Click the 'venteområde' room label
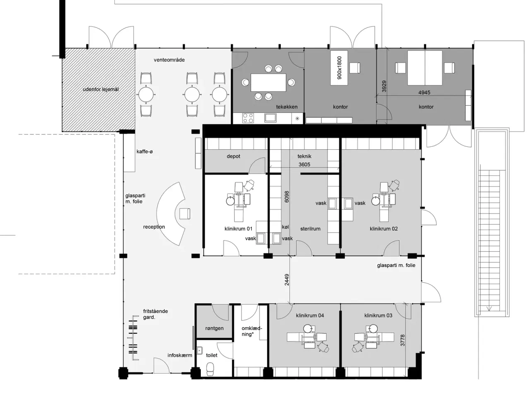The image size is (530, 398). click(x=169, y=60)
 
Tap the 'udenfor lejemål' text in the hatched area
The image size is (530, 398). click(x=101, y=89)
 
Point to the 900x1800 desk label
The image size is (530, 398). click(x=340, y=68)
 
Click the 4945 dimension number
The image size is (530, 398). click(x=424, y=92)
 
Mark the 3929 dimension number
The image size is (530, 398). click(x=384, y=86)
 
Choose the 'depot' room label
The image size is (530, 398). click(x=233, y=156)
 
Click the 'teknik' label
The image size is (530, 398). click(x=304, y=156)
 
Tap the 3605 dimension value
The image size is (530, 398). click(x=304, y=165)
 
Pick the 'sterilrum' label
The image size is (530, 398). click(x=310, y=228)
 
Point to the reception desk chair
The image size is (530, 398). click(x=184, y=214)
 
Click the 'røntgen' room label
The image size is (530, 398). click(x=214, y=328)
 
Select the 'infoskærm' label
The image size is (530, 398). click(x=180, y=355)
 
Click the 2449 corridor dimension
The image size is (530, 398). click(x=287, y=280)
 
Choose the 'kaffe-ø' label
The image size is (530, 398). click(x=145, y=152)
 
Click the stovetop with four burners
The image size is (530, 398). click(x=248, y=118)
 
